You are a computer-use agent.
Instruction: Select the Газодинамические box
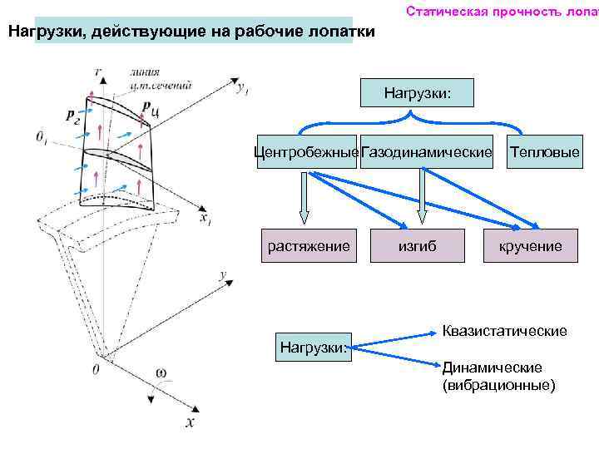tap(427, 152)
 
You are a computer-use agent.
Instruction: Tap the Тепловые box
tap(545, 152)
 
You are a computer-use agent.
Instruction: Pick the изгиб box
tap(417, 245)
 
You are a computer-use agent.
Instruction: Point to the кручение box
tap(530, 245)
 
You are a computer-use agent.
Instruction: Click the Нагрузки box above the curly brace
tap(416, 91)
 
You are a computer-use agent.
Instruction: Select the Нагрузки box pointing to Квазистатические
tap(314, 346)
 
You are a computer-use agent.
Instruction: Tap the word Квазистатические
tap(504, 331)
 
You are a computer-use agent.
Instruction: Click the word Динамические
tap(492, 368)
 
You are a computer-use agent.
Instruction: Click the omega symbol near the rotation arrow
tap(161, 371)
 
